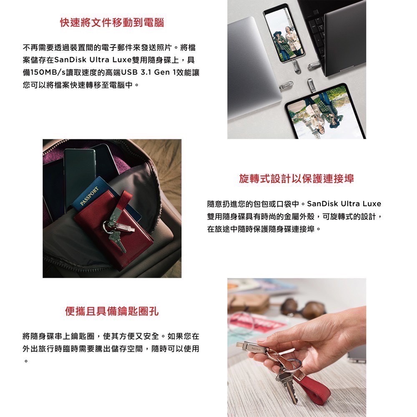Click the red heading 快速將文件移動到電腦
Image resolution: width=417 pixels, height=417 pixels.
[112, 23]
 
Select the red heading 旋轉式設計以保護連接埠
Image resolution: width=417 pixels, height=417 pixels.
[296, 179]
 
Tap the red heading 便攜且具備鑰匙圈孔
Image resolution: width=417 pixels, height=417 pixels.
[112, 311]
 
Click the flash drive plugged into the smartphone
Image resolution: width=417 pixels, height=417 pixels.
[296, 65]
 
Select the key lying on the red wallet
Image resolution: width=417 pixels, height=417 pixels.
[118, 242]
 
